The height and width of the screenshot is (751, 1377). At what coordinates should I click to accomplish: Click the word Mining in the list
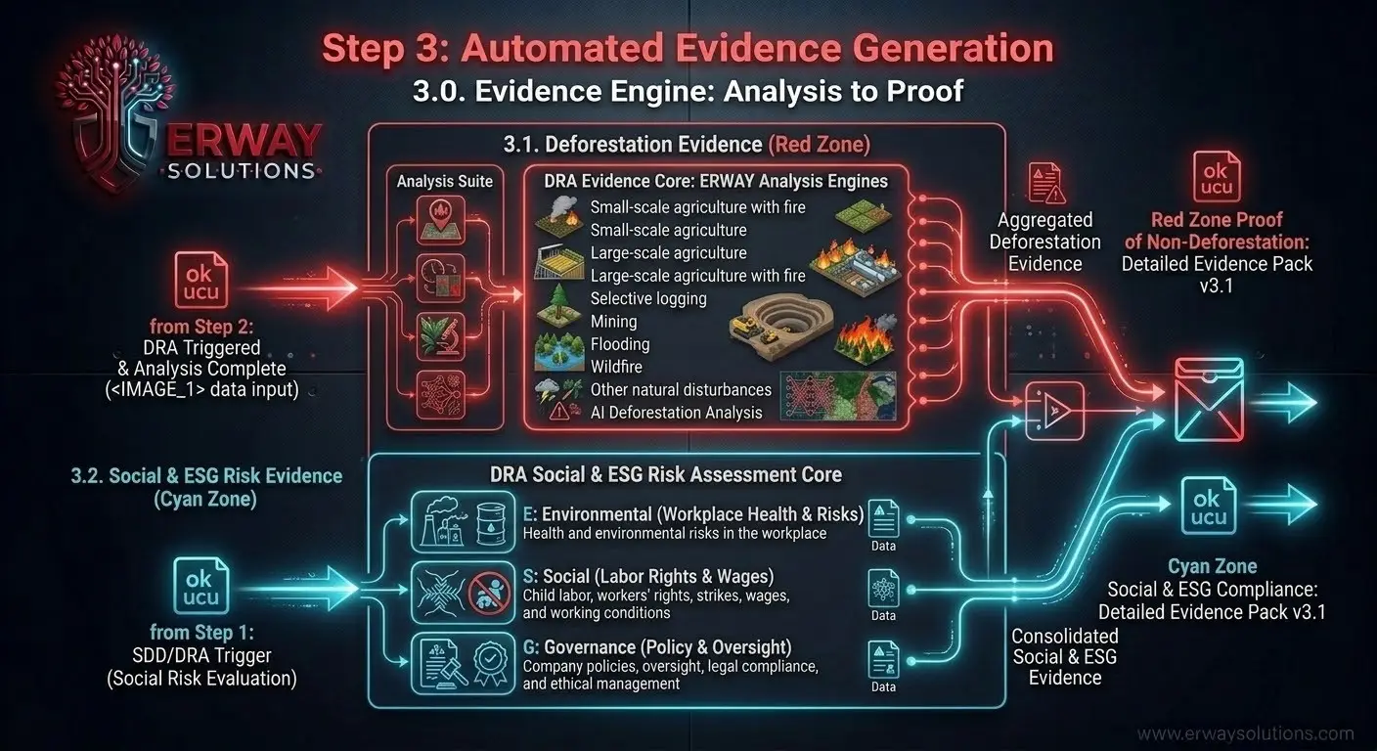pyautogui.click(x=613, y=321)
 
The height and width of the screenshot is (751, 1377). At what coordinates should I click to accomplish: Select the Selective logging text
pyautogui.click(x=648, y=298)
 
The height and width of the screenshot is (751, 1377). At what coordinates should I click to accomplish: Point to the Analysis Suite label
pyautogui.click(x=445, y=181)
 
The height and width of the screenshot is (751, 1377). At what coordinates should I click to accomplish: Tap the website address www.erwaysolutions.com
pyautogui.click(x=1245, y=733)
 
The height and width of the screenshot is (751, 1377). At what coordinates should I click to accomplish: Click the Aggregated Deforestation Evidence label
pyautogui.click(x=1044, y=242)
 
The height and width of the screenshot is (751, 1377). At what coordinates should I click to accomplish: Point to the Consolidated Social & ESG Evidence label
pyautogui.click(x=1065, y=656)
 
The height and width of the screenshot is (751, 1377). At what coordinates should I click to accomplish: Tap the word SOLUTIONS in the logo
pyautogui.click(x=241, y=171)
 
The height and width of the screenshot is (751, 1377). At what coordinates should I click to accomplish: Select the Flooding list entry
pyautogui.click(x=619, y=344)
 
